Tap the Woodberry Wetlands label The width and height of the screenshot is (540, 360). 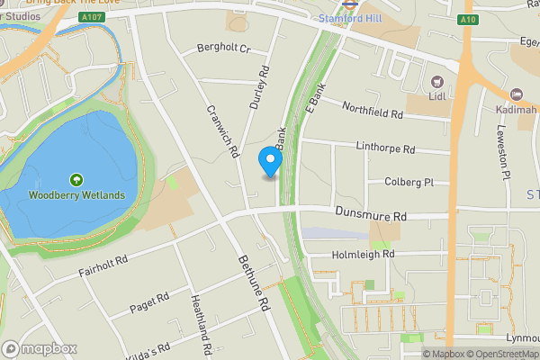point(76,195)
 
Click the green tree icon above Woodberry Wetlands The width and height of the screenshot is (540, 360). point(76,180)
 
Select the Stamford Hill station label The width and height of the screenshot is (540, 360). point(351,17)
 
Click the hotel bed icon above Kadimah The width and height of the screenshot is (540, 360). point(517,94)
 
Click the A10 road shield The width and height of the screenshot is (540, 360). point(466,19)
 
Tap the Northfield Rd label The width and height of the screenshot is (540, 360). point(373,112)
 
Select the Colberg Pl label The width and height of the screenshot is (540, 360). point(409,182)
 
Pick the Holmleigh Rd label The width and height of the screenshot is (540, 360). point(364,255)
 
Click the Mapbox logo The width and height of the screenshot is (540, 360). point(39,348)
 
